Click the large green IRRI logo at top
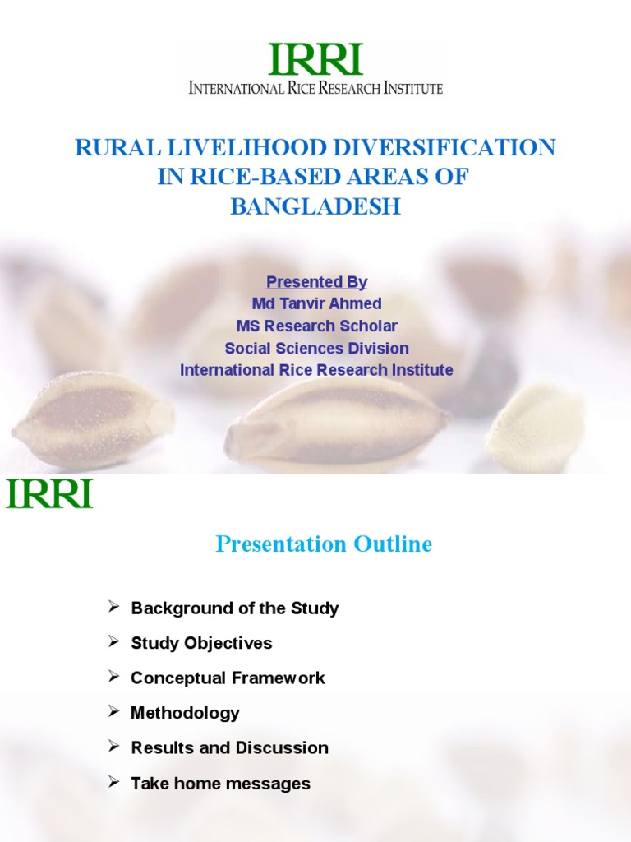click(x=315, y=59)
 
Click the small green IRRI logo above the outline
click(x=49, y=493)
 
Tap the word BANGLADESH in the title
click(x=315, y=207)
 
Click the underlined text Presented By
click(x=316, y=282)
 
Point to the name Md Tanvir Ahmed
click(x=316, y=304)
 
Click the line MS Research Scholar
click(x=316, y=326)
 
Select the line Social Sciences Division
click(x=316, y=349)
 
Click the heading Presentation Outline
click(x=324, y=544)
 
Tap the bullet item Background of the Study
click(x=234, y=608)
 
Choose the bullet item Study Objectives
click(x=201, y=643)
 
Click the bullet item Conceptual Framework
click(x=228, y=678)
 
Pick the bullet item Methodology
click(x=185, y=713)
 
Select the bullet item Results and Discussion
click(x=229, y=748)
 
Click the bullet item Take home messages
click(x=220, y=784)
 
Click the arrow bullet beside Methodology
click(x=114, y=711)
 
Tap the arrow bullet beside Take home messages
click(x=114, y=782)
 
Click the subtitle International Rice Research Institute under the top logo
click(x=315, y=88)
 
